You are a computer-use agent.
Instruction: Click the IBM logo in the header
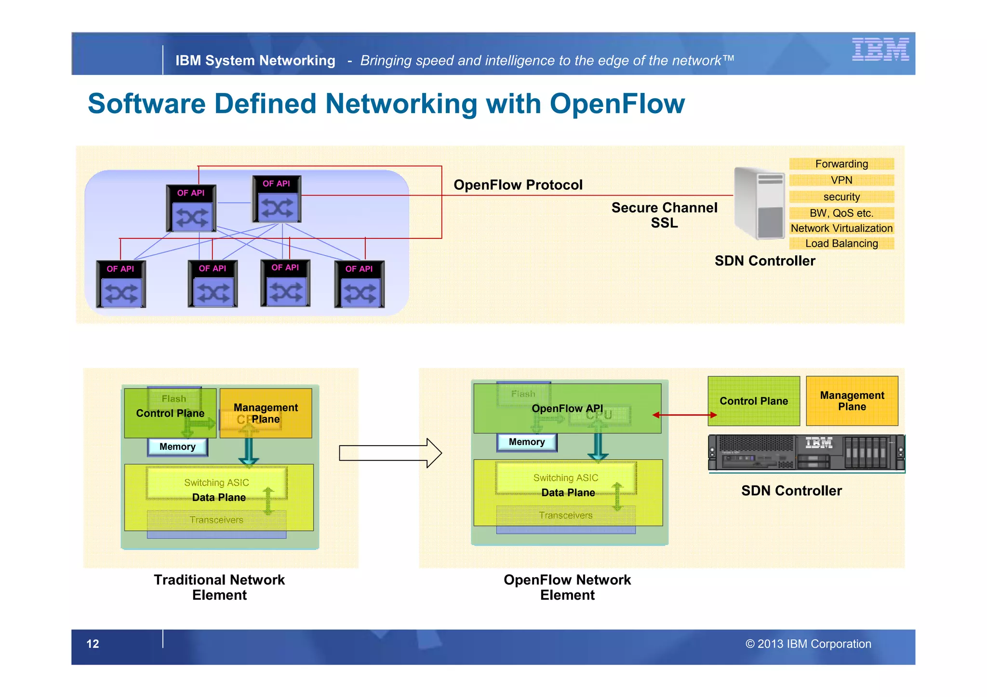point(880,49)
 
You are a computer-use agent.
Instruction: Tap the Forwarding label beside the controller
point(841,164)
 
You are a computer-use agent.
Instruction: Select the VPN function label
point(841,180)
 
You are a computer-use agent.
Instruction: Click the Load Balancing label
point(841,243)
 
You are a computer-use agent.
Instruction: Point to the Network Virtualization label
point(841,228)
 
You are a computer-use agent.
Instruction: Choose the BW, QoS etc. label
point(841,213)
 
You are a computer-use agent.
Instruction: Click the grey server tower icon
point(759,203)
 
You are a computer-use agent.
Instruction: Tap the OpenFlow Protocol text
point(518,185)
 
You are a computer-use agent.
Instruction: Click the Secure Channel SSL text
point(664,215)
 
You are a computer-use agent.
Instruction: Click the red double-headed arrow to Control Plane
point(684,415)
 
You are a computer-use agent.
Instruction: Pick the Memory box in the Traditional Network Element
point(177,447)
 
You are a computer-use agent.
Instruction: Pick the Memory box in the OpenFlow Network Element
point(527,442)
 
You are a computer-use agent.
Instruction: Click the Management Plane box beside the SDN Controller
point(852,401)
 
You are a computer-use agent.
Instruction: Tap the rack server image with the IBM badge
point(806,452)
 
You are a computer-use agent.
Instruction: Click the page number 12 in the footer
point(93,644)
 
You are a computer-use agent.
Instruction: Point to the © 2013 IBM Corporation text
point(808,644)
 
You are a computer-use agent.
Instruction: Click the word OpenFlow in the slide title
point(617,104)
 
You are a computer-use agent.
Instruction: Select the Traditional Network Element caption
point(219,587)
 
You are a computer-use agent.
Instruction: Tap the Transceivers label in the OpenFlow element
point(566,515)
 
